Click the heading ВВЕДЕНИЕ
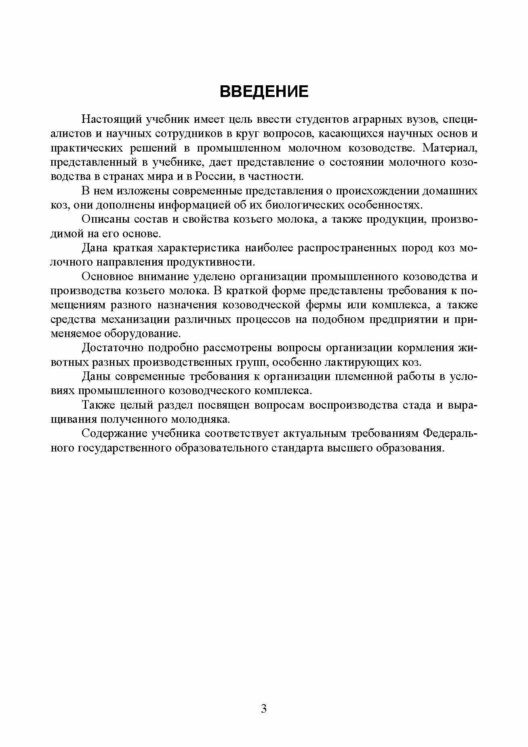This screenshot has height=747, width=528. pos(264,92)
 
